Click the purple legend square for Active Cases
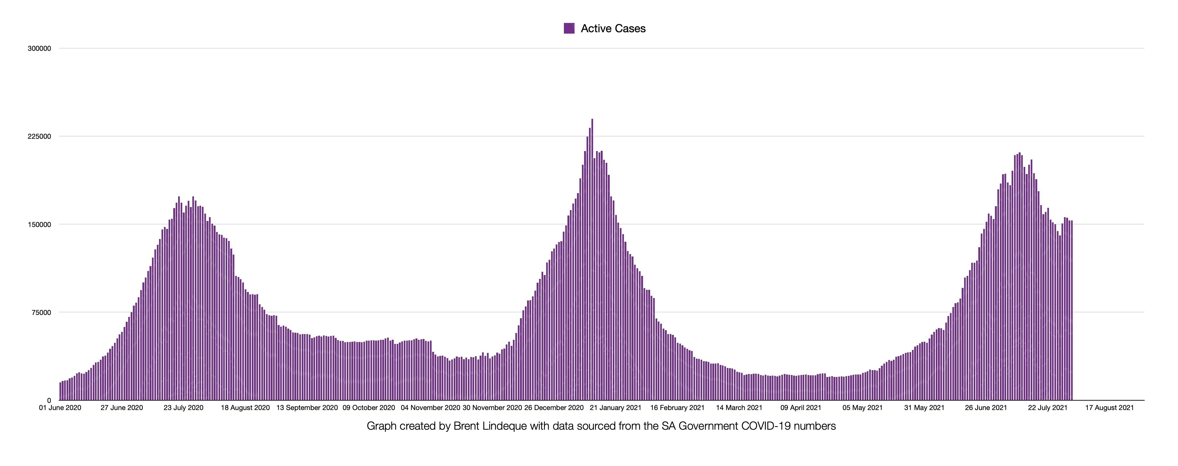point(569,28)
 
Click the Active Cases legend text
point(613,28)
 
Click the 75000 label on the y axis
point(41,312)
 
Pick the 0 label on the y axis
point(49,400)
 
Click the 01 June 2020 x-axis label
point(60,407)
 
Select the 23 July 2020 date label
point(183,407)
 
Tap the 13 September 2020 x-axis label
point(307,407)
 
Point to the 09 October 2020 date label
point(369,407)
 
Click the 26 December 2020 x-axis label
point(554,407)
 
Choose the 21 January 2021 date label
point(615,407)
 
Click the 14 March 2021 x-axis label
point(739,407)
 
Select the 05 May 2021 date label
point(862,407)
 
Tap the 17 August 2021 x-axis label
point(1110,407)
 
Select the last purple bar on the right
point(1071,311)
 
